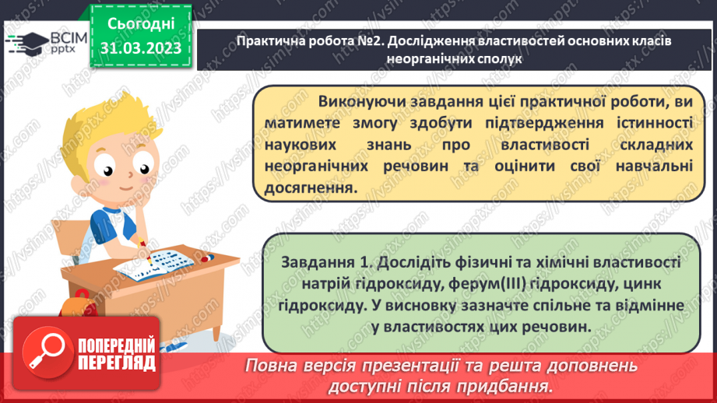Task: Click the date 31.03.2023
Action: [x=141, y=48]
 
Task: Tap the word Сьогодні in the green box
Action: [x=141, y=24]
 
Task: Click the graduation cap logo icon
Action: [x=26, y=44]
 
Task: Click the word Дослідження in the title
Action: [x=432, y=41]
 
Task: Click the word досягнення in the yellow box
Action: [x=311, y=187]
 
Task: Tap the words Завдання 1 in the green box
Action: [x=325, y=263]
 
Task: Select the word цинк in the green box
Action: [x=642, y=284]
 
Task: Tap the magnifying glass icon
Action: [x=47, y=352]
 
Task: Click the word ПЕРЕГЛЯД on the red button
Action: [x=117, y=363]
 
